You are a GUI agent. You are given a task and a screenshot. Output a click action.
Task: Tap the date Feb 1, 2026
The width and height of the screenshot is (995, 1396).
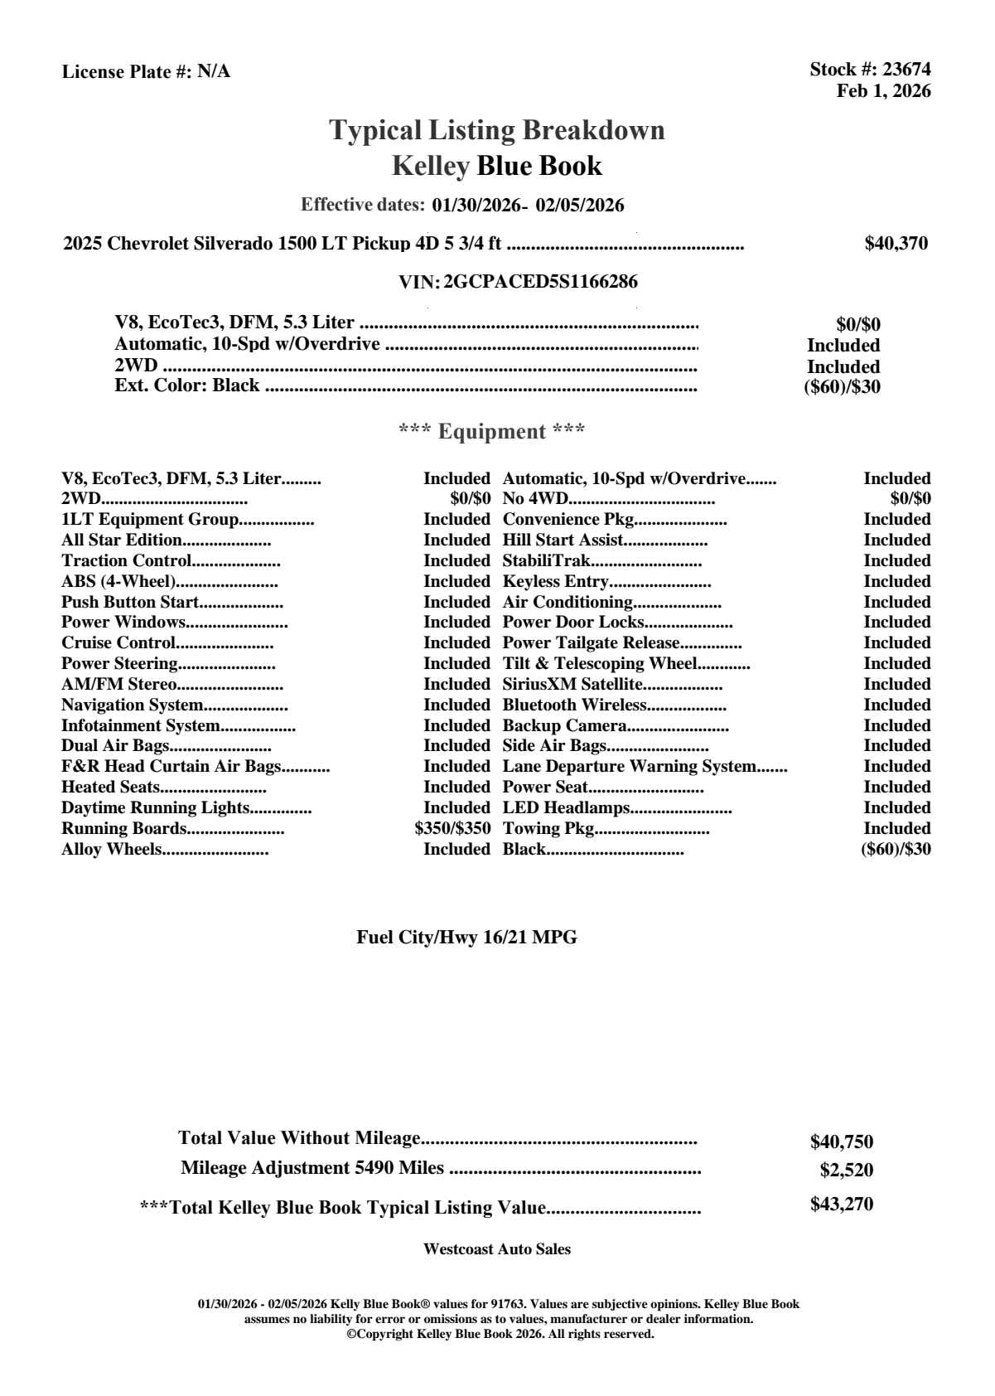(883, 91)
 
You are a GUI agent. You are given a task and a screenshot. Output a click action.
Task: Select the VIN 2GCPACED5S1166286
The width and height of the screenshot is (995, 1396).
(540, 282)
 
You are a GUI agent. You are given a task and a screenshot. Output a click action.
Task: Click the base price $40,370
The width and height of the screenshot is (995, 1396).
(896, 243)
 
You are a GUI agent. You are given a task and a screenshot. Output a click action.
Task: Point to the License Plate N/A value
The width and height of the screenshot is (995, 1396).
(214, 72)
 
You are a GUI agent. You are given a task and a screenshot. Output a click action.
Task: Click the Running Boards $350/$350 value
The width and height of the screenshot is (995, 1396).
(452, 828)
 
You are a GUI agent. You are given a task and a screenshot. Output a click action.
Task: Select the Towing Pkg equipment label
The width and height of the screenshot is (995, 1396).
(548, 828)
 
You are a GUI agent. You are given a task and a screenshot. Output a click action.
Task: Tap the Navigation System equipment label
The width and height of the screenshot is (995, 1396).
(133, 705)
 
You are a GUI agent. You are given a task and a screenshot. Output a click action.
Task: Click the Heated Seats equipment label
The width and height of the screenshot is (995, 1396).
(110, 787)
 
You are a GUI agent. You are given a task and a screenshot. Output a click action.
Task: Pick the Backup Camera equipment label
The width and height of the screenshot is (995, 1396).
(564, 725)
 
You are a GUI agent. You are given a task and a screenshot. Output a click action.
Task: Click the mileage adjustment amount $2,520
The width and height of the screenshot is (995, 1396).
(847, 1171)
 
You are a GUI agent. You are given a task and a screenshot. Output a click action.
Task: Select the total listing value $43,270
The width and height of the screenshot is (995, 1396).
(842, 1204)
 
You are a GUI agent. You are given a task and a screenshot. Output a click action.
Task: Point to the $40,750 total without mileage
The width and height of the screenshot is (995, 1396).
(842, 1142)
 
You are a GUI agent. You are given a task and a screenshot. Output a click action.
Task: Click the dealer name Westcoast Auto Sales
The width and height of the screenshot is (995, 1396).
(497, 1248)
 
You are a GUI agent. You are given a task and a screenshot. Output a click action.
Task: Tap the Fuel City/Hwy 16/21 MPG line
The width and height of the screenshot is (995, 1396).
(466, 938)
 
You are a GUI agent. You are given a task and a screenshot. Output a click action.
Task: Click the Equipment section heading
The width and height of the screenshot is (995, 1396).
(492, 431)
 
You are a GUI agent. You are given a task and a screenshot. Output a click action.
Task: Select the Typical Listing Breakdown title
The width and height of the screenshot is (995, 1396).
(497, 130)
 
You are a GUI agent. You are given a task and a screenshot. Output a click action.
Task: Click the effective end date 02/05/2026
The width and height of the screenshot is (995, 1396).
(580, 205)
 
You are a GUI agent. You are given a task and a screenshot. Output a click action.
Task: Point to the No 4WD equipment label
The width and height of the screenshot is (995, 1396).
(535, 498)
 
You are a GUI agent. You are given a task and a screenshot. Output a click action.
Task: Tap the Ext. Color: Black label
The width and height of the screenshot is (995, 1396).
(187, 385)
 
